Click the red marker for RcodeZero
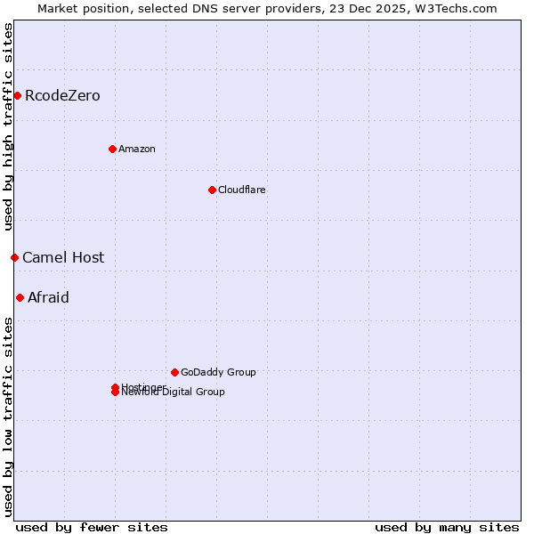17,95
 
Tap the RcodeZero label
62,95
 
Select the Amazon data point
112,149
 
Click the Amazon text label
137,149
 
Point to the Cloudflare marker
212,190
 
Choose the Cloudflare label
242,190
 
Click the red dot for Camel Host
14,257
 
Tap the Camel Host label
63,257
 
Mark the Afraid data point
20,297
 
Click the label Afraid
48,297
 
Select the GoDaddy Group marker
174,372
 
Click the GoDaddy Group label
218,372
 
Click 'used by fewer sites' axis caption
92,527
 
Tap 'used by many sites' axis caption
447,527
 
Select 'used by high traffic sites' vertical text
8,126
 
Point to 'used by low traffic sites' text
8,416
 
